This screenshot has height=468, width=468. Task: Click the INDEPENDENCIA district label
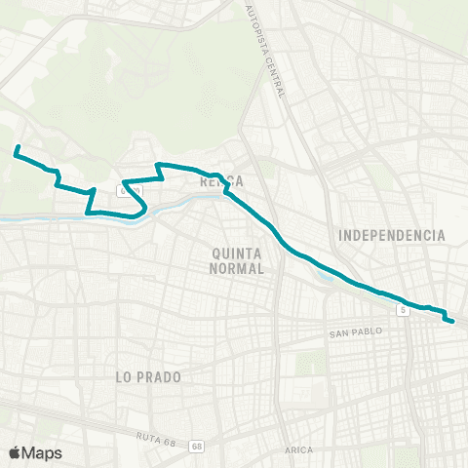tap(391, 235)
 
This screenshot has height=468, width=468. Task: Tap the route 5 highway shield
tap(402, 309)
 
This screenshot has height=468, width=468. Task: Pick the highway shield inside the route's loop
tap(128, 189)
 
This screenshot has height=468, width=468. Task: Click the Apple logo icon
tap(15, 452)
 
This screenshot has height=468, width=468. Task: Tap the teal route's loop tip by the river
tap(145, 207)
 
